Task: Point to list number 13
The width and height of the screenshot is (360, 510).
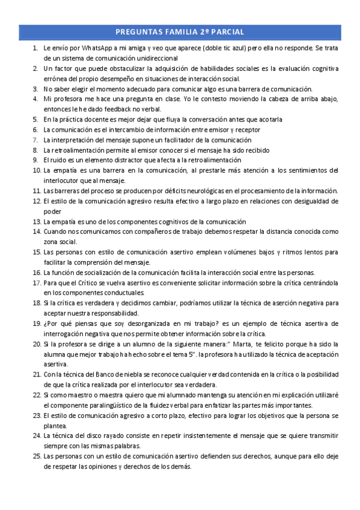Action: coord(36,222)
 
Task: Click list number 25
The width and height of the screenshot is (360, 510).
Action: coord(36,456)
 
